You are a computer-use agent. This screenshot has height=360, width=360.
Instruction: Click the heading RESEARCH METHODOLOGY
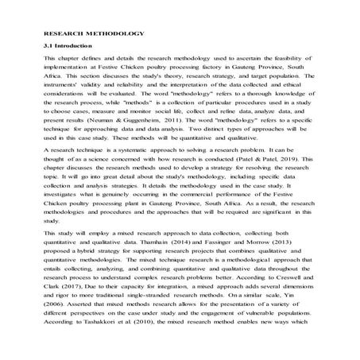(94, 36)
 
